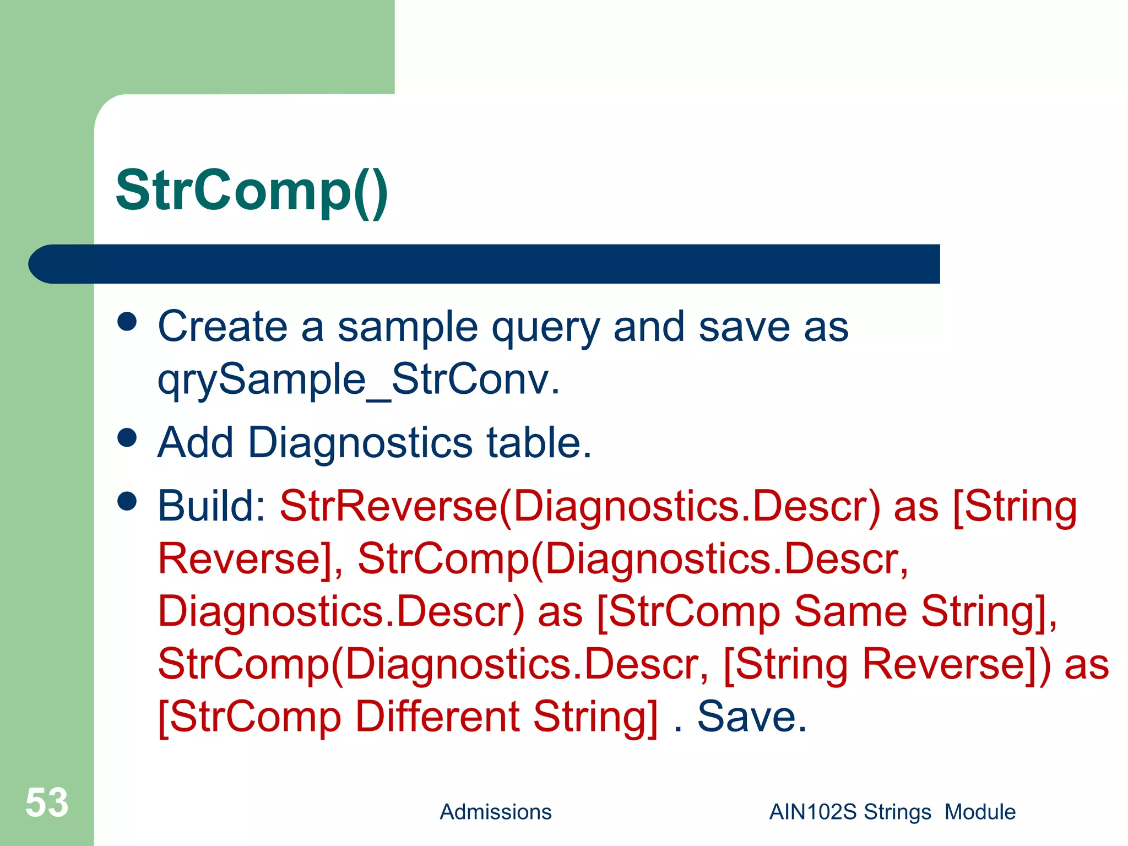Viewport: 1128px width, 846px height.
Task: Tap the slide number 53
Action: pyautogui.click(x=47, y=802)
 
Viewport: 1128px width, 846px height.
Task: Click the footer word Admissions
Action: pyautogui.click(x=495, y=812)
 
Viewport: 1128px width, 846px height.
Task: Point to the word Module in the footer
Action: pyautogui.click(x=980, y=812)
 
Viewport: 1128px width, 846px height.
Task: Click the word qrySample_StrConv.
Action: pyautogui.click(x=358, y=380)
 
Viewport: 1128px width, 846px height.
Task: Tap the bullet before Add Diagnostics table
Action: pyautogui.click(x=127, y=438)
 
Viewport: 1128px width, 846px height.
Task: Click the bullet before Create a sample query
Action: pyautogui.click(x=127, y=322)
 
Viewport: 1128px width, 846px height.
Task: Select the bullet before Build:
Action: pyautogui.click(x=127, y=501)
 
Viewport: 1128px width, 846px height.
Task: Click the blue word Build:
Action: pyautogui.click(x=212, y=506)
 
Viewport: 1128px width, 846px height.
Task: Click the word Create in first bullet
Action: pyautogui.click(x=223, y=327)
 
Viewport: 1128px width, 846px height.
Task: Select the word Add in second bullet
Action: pyautogui.click(x=196, y=443)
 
